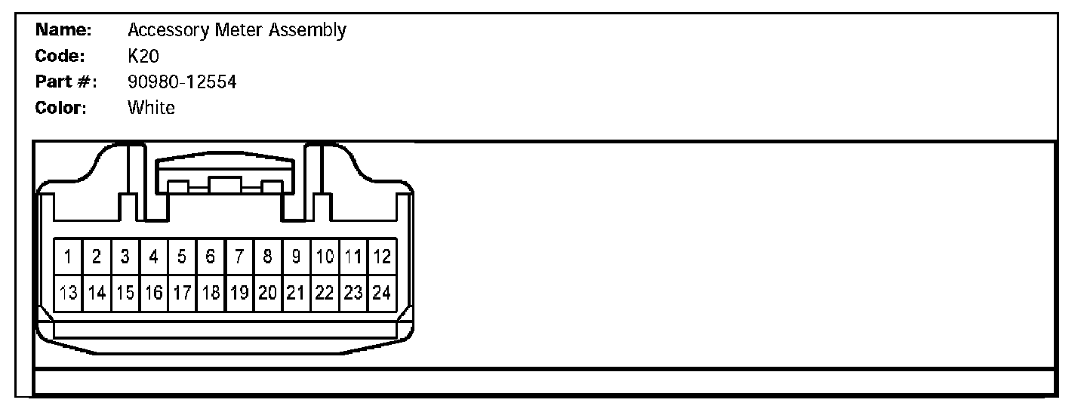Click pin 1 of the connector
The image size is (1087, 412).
[68, 257]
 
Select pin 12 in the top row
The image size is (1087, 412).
[382, 257]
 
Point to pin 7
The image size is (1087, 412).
[239, 257]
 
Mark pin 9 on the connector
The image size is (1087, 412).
[297, 257]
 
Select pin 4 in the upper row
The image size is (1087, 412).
[153, 257]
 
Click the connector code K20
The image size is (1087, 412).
[143, 56]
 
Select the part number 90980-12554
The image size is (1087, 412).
[182, 81]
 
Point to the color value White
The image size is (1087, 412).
[151, 107]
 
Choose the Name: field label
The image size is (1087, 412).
[64, 30]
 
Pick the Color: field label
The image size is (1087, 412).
[62, 107]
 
